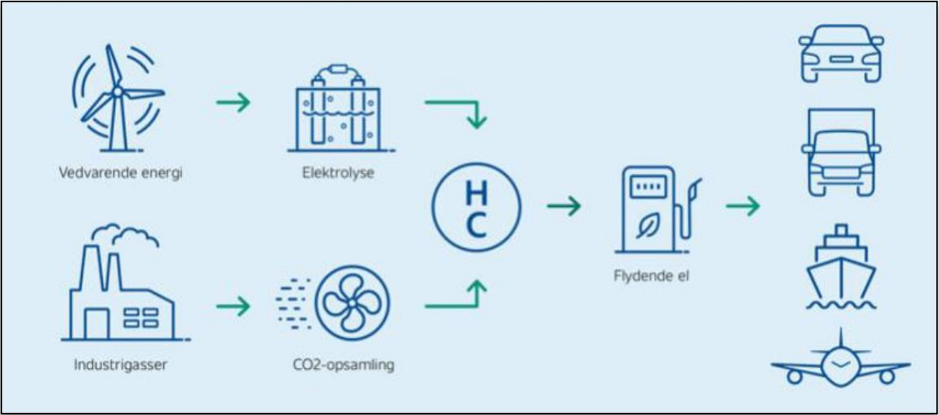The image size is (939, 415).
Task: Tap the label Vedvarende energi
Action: (x=121, y=173)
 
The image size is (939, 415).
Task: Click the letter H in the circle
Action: (x=476, y=193)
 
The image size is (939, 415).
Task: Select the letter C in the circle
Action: (x=476, y=225)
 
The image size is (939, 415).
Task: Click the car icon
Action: (x=841, y=53)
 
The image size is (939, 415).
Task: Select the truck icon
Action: (x=841, y=151)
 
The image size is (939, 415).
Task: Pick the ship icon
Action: (x=840, y=265)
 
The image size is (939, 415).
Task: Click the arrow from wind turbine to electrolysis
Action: (x=233, y=101)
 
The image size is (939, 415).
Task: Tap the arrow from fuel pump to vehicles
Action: (x=742, y=206)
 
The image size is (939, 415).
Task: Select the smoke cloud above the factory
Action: (x=136, y=235)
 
